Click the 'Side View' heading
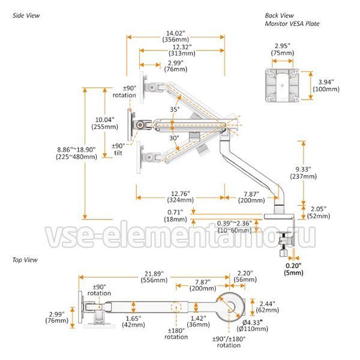pyautogui.click(x=26, y=16)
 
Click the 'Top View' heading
pyautogui.click(x=25, y=260)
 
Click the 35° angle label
pyautogui.click(x=175, y=110)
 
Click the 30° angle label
pyautogui.click(x=174, y=138)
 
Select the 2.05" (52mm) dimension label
pyautogui.click(x=319, y=212)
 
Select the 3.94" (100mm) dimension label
pyautogui.click(x=327, y=85)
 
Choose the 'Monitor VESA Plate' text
pyautogui.click(x=292, y=23)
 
